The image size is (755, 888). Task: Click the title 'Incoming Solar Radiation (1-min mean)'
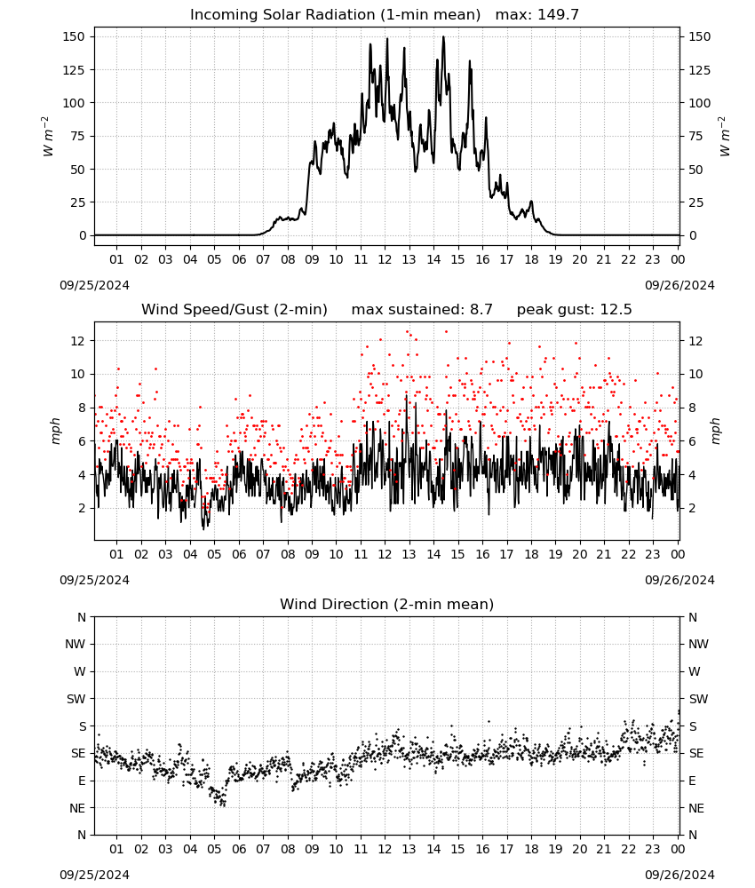click(335, 15)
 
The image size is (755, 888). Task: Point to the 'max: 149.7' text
click(537, 15)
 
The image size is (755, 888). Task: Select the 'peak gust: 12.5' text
click(575, 310)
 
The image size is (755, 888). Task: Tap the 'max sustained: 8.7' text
click(422, 310)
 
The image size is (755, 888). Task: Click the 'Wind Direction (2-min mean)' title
click(387, 604)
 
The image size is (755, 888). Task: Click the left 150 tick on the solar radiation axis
click(75, 36)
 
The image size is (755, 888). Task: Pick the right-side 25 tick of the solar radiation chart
click(695, 202)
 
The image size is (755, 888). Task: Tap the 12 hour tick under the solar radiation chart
click(385, 259)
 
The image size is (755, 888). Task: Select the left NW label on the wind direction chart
click(75, 645)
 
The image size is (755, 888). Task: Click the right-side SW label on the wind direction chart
click(698, 700)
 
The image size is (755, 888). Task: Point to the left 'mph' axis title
click(55, 431)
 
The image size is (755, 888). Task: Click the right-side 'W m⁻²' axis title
click(724, 137)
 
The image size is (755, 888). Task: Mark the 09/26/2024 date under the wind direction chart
click(679, 875)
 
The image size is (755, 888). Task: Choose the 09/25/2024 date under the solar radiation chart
click(94, 285)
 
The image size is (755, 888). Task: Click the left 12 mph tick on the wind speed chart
click(78, 341)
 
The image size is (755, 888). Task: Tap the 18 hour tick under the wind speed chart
click(530, 554)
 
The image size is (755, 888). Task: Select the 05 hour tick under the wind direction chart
click(214, 849)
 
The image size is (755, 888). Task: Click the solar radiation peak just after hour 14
click(443, 36)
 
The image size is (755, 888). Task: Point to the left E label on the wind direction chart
click(82, 781)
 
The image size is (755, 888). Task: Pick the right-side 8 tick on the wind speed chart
click(692, 408)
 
